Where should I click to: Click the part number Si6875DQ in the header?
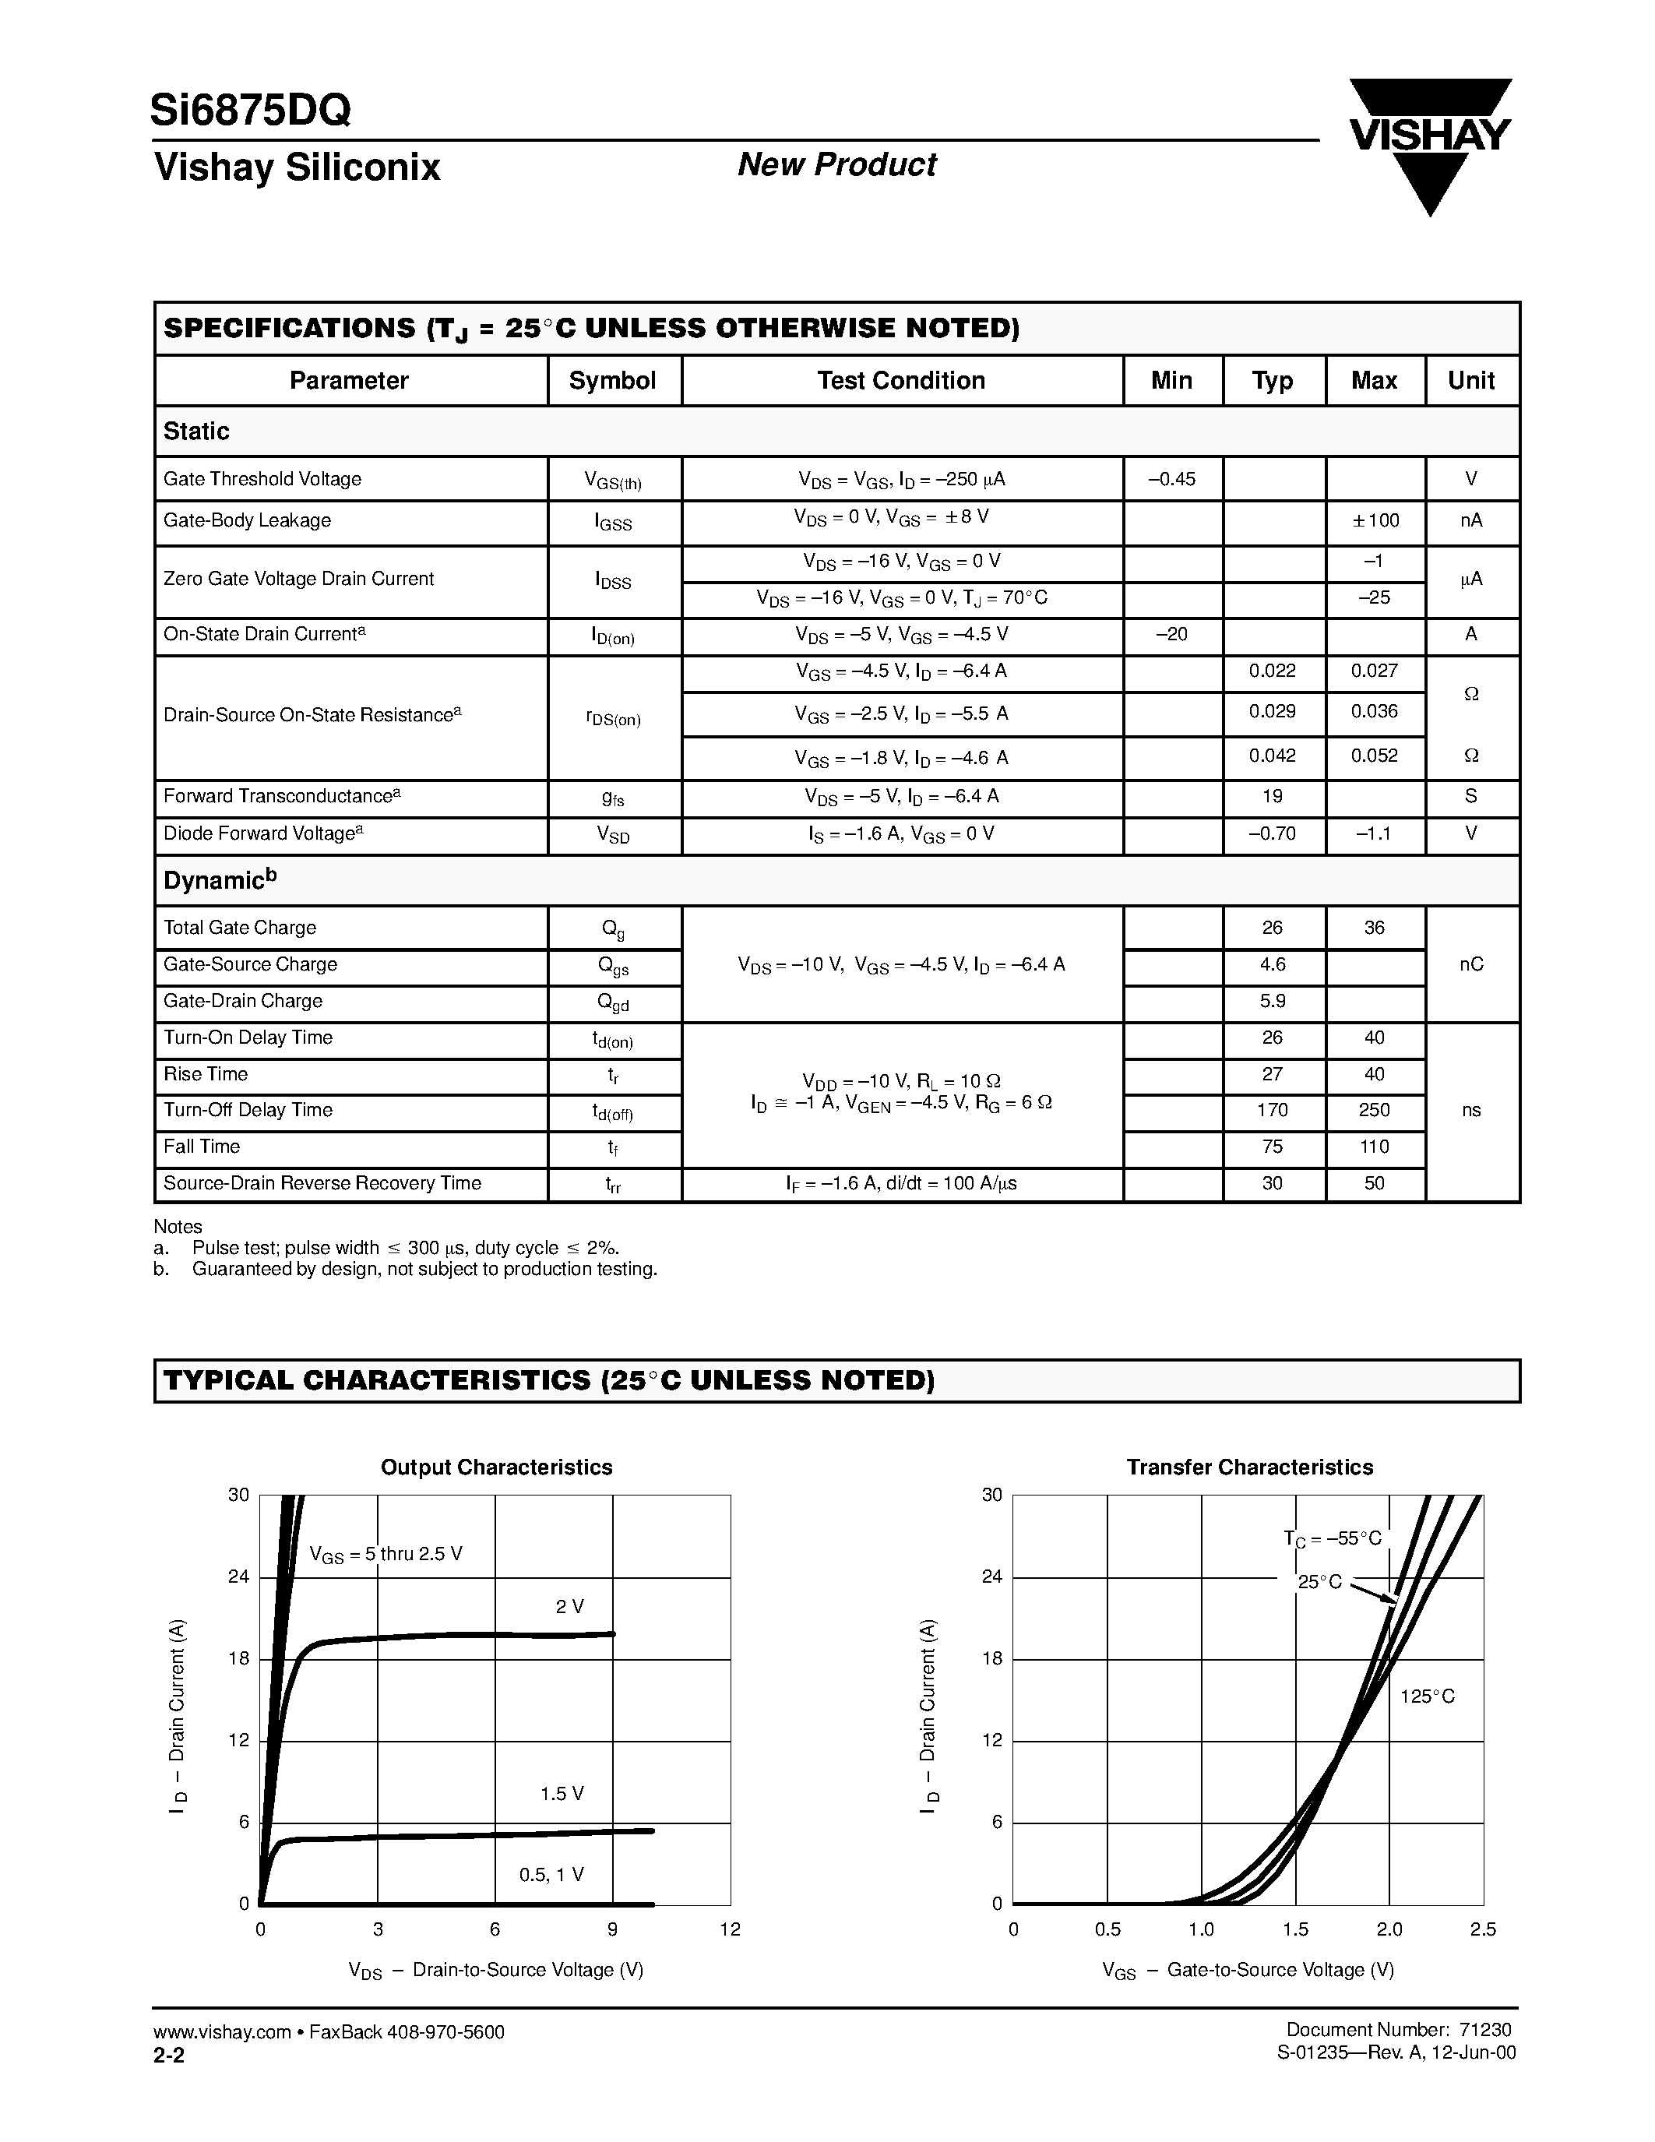(251, 111)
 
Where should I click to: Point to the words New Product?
(836, 165)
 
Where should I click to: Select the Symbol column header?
(613, 381)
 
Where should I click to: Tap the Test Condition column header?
(901, 381)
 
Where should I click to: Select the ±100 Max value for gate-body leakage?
(1375, 521)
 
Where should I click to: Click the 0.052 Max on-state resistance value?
(1375, 756)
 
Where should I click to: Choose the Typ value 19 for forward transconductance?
(1273, 796)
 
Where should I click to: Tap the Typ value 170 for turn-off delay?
(1273, 1110)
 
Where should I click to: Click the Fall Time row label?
(202, 1147)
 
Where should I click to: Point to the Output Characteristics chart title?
(496, 1467)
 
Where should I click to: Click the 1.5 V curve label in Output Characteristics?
(562, 1794)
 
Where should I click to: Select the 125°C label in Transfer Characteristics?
(1428, 1696)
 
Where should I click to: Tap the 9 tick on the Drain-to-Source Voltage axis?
(613, 1929)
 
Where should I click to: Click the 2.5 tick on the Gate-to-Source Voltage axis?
(1482, 1929)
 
